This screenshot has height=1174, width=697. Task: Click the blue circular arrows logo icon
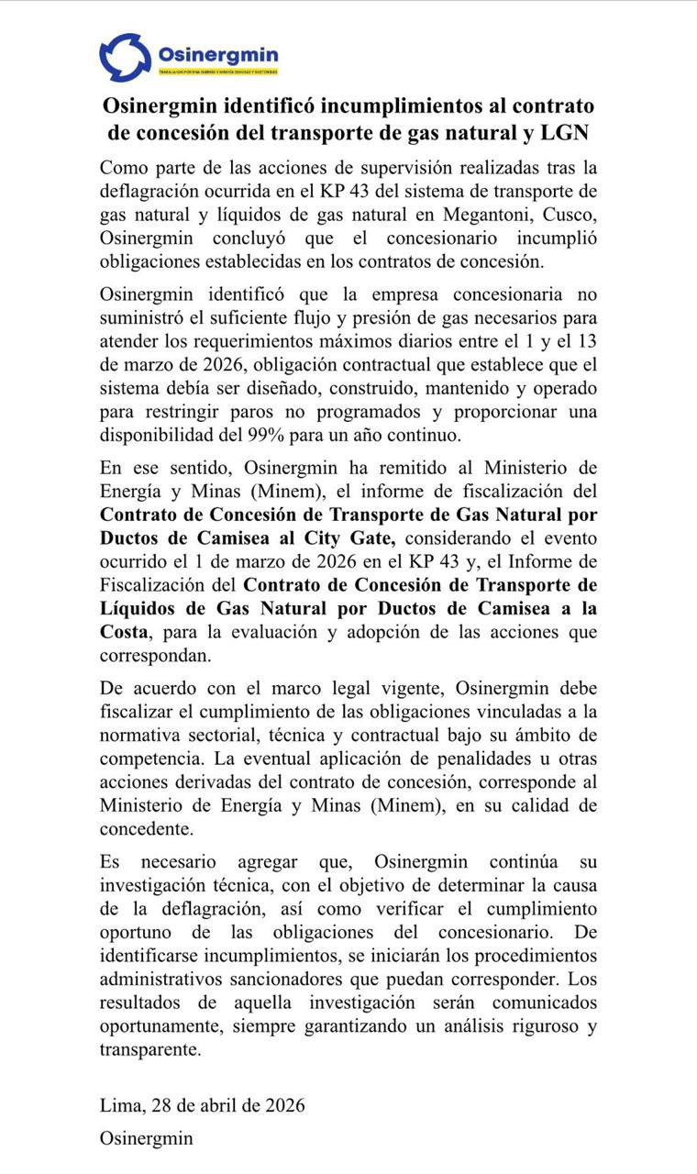(125, 57)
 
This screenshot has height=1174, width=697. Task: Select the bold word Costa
(127, 632)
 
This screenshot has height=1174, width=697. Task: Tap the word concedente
(146, 829)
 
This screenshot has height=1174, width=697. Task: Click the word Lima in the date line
(117, 1105)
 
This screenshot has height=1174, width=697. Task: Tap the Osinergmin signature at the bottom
(147, 1138)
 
